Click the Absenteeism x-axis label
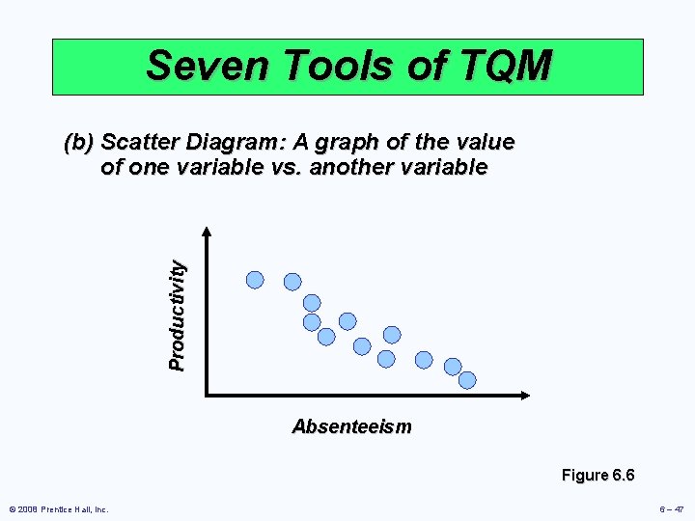coord(351,426)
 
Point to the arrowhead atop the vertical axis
coord(207,233)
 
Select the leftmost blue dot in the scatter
coord(255,280)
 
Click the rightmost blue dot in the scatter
coord(467,380)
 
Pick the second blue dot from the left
coord(292,282)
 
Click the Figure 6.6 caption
coord(598,475)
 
